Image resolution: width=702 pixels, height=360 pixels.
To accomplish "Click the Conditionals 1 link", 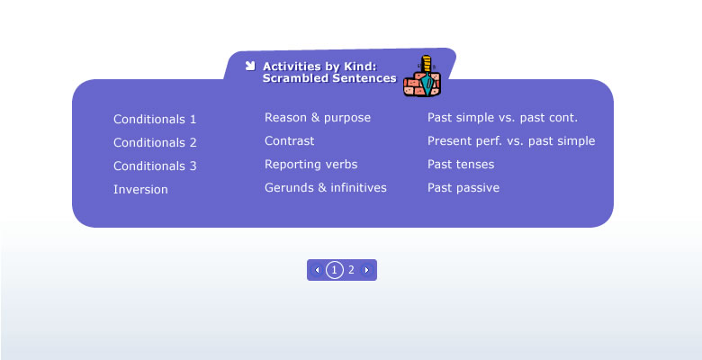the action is coord(155,119).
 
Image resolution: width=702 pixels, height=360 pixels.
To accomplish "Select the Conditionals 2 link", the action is coord(155,142).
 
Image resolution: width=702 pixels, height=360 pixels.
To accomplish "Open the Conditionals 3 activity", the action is coord(155,166).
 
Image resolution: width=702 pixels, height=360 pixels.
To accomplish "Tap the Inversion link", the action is coord(140,189).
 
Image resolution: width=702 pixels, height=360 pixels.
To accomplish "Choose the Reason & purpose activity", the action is coord(318,118).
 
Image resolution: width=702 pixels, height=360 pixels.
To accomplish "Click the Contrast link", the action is coord(289,140).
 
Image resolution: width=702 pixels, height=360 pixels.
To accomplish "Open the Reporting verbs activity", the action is coord(310,165).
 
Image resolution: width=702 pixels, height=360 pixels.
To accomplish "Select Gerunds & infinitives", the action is coord(326,187).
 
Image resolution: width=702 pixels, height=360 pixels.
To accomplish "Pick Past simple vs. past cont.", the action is coord(502,118).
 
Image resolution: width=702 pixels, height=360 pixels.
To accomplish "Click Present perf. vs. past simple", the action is coord(511,141).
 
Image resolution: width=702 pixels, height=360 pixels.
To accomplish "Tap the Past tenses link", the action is coord(461,165).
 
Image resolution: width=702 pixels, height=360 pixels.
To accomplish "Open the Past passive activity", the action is coord(463,187).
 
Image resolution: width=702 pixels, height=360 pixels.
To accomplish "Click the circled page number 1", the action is coord(335,270).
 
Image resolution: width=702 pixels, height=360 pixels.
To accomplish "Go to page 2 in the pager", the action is coord(351,270).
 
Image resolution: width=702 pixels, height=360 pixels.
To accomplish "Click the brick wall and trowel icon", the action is coord(422,76).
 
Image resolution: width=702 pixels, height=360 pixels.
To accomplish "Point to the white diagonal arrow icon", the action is coord(250,66).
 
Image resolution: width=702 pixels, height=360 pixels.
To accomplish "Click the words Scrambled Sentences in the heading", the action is coord(329,78).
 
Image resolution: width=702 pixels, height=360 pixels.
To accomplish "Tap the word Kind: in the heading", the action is coord(360,67).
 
